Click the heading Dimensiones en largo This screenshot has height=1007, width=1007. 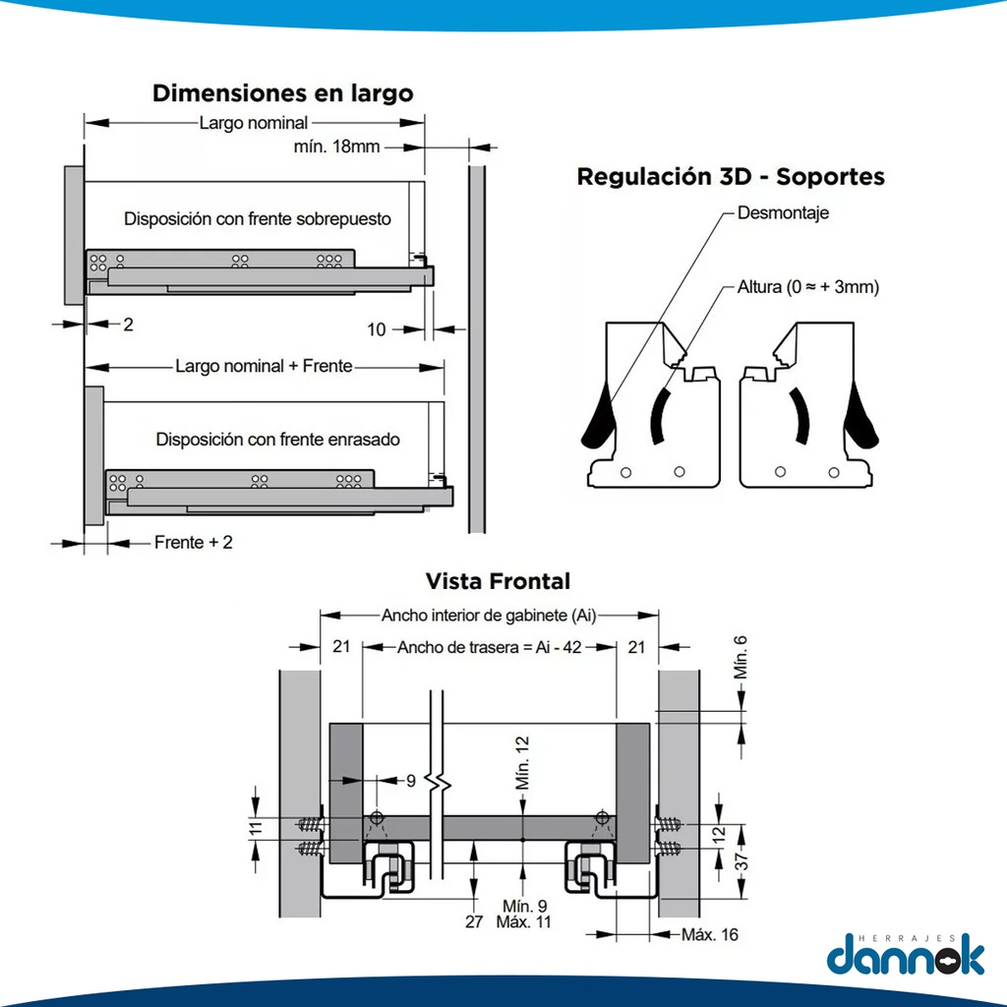[282, 93]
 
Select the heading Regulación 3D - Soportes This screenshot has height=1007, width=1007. [730, 177]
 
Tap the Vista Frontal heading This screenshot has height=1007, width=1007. [498, 581]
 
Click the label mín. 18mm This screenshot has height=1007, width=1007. [336, 147]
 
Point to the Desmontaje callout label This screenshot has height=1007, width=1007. [783, 212]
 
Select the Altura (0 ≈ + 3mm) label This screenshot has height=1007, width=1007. [807, 288]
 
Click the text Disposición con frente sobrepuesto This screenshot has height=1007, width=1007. [257, 218]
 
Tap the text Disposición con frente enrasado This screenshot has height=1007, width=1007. [277, 440]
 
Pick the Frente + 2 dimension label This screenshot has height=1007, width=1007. [193, 542]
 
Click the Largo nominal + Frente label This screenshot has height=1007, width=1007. [264, 367]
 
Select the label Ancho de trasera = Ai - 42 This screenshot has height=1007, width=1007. [490, 647]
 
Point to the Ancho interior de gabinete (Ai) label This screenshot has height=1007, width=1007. [489, 616]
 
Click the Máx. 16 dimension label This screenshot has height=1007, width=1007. [709, 934]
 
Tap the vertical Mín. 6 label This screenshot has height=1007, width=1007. [741, 657]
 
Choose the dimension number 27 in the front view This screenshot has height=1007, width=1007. [474, 921]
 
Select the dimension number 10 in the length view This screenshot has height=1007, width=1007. [377, 329]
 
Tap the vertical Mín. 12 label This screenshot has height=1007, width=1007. [523, 763]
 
